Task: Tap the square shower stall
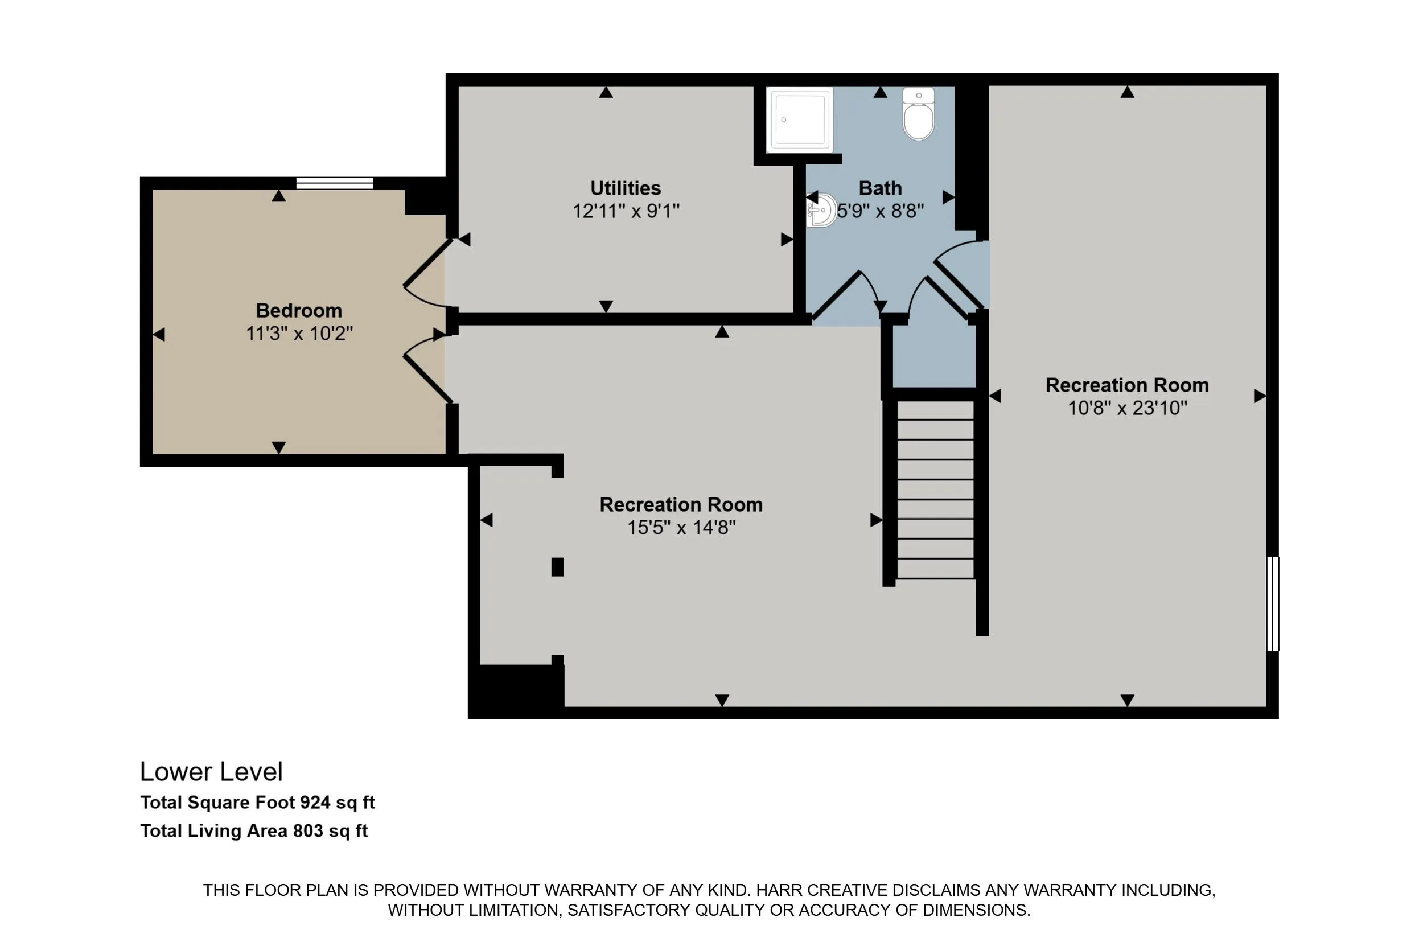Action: click(799, 120)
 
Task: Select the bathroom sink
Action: click(822, 210)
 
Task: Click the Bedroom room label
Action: click(299, 310)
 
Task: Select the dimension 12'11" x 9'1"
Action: click(626, 211)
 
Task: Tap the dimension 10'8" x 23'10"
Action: click(1127, 408)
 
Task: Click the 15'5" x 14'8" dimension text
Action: click(681, 527)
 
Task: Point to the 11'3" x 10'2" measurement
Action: click(299, 333)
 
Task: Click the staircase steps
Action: click(935, 490)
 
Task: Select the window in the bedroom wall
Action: click(335, 183)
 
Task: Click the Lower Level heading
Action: click(211, 772)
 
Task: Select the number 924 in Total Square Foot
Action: click(315, 803)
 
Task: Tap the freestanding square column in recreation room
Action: click(557, 567)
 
